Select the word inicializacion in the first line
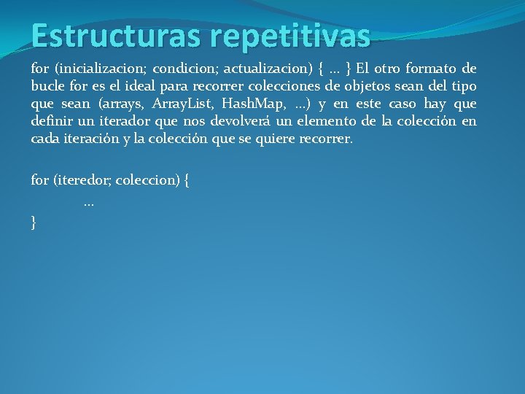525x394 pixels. tap(99, 69)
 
